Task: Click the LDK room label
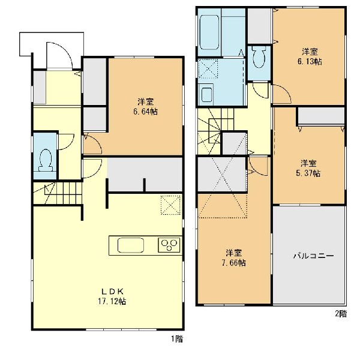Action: point(113,292)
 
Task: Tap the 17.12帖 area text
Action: point(112,301)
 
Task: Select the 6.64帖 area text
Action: point(146,112)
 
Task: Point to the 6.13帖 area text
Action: point(310,62)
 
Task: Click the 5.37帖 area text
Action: point(308,173)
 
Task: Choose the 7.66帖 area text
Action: point(234,263)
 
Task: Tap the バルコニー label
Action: point(313,256)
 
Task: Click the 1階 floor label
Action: point(177,339)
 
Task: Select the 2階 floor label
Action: point(341,314)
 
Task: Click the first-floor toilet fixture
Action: point(45,160)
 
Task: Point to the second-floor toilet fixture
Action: point(259,57)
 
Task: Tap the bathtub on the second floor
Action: point(209,32)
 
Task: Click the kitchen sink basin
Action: point(131,245)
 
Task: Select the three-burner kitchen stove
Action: point(169,245)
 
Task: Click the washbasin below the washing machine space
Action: point(206,93)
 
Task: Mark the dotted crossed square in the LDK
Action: point(170,205)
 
